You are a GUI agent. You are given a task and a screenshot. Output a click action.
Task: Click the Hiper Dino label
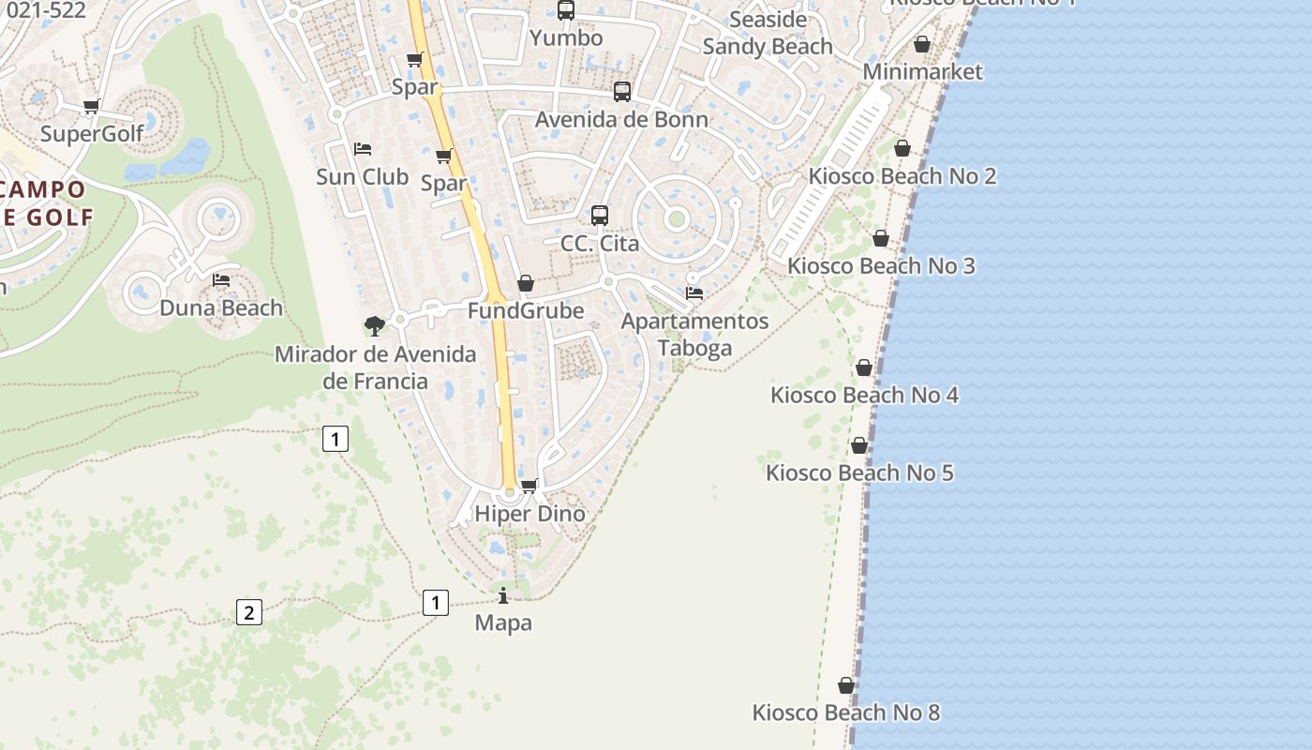529,514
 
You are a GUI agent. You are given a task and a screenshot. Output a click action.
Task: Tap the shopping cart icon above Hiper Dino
529,486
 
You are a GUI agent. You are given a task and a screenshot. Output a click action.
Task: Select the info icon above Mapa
503,595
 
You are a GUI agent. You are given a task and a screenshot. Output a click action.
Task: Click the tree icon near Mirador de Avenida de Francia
375,326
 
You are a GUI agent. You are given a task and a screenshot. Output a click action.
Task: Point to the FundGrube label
526,310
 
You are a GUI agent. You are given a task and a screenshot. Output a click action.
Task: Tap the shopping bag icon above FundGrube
526,283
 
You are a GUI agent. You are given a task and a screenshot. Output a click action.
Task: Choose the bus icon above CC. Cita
600,216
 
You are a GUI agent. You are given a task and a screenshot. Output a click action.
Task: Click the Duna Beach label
221,307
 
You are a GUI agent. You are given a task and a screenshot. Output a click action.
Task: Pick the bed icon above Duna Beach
221,279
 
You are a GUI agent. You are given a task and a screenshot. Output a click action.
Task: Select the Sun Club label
363,176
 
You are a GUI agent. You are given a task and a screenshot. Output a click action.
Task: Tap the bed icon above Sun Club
363,148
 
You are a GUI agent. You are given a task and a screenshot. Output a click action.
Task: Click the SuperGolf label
92,133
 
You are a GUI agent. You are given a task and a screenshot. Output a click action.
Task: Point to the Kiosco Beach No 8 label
846,712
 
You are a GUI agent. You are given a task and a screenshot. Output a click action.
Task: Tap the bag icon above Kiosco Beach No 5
859,445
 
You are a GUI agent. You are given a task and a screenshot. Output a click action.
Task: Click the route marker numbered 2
248,613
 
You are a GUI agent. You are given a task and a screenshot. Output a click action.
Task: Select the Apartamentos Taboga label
694,335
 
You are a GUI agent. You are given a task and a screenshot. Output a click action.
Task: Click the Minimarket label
922,71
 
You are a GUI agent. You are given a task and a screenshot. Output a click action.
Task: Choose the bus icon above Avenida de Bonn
622,92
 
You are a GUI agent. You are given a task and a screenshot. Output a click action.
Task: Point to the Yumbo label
566,37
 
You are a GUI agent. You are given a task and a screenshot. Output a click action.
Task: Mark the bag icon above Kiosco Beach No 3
881,238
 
